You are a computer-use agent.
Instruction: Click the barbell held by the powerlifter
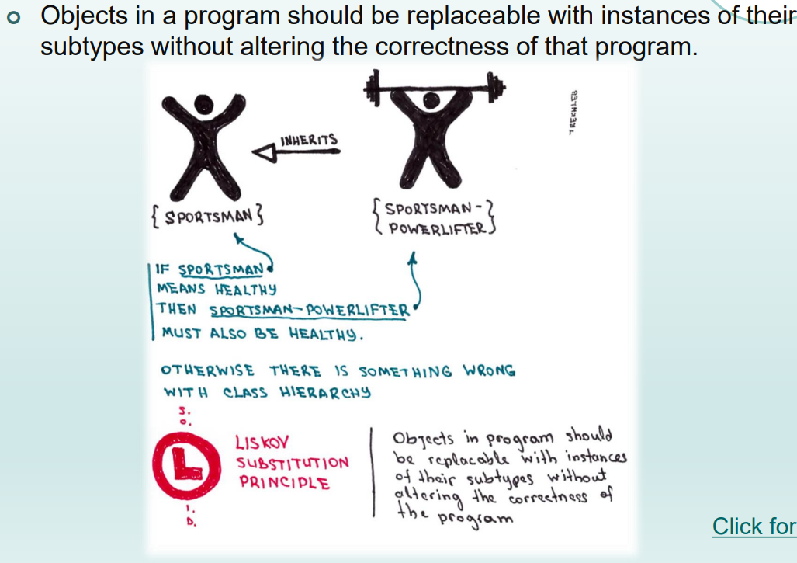(x=428, y=84)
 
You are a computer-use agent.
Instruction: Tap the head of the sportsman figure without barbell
(x=203, y=103)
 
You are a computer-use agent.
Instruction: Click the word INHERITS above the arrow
(x=309, y=140)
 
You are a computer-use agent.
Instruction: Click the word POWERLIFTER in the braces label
(x=437, y=228)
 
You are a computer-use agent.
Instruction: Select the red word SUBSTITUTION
(x=293, y=463)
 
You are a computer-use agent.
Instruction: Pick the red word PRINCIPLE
(x=284, y=482)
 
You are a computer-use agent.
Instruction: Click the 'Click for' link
(x=754, y=527)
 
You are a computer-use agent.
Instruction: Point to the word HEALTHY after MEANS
(x=246, y=290)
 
